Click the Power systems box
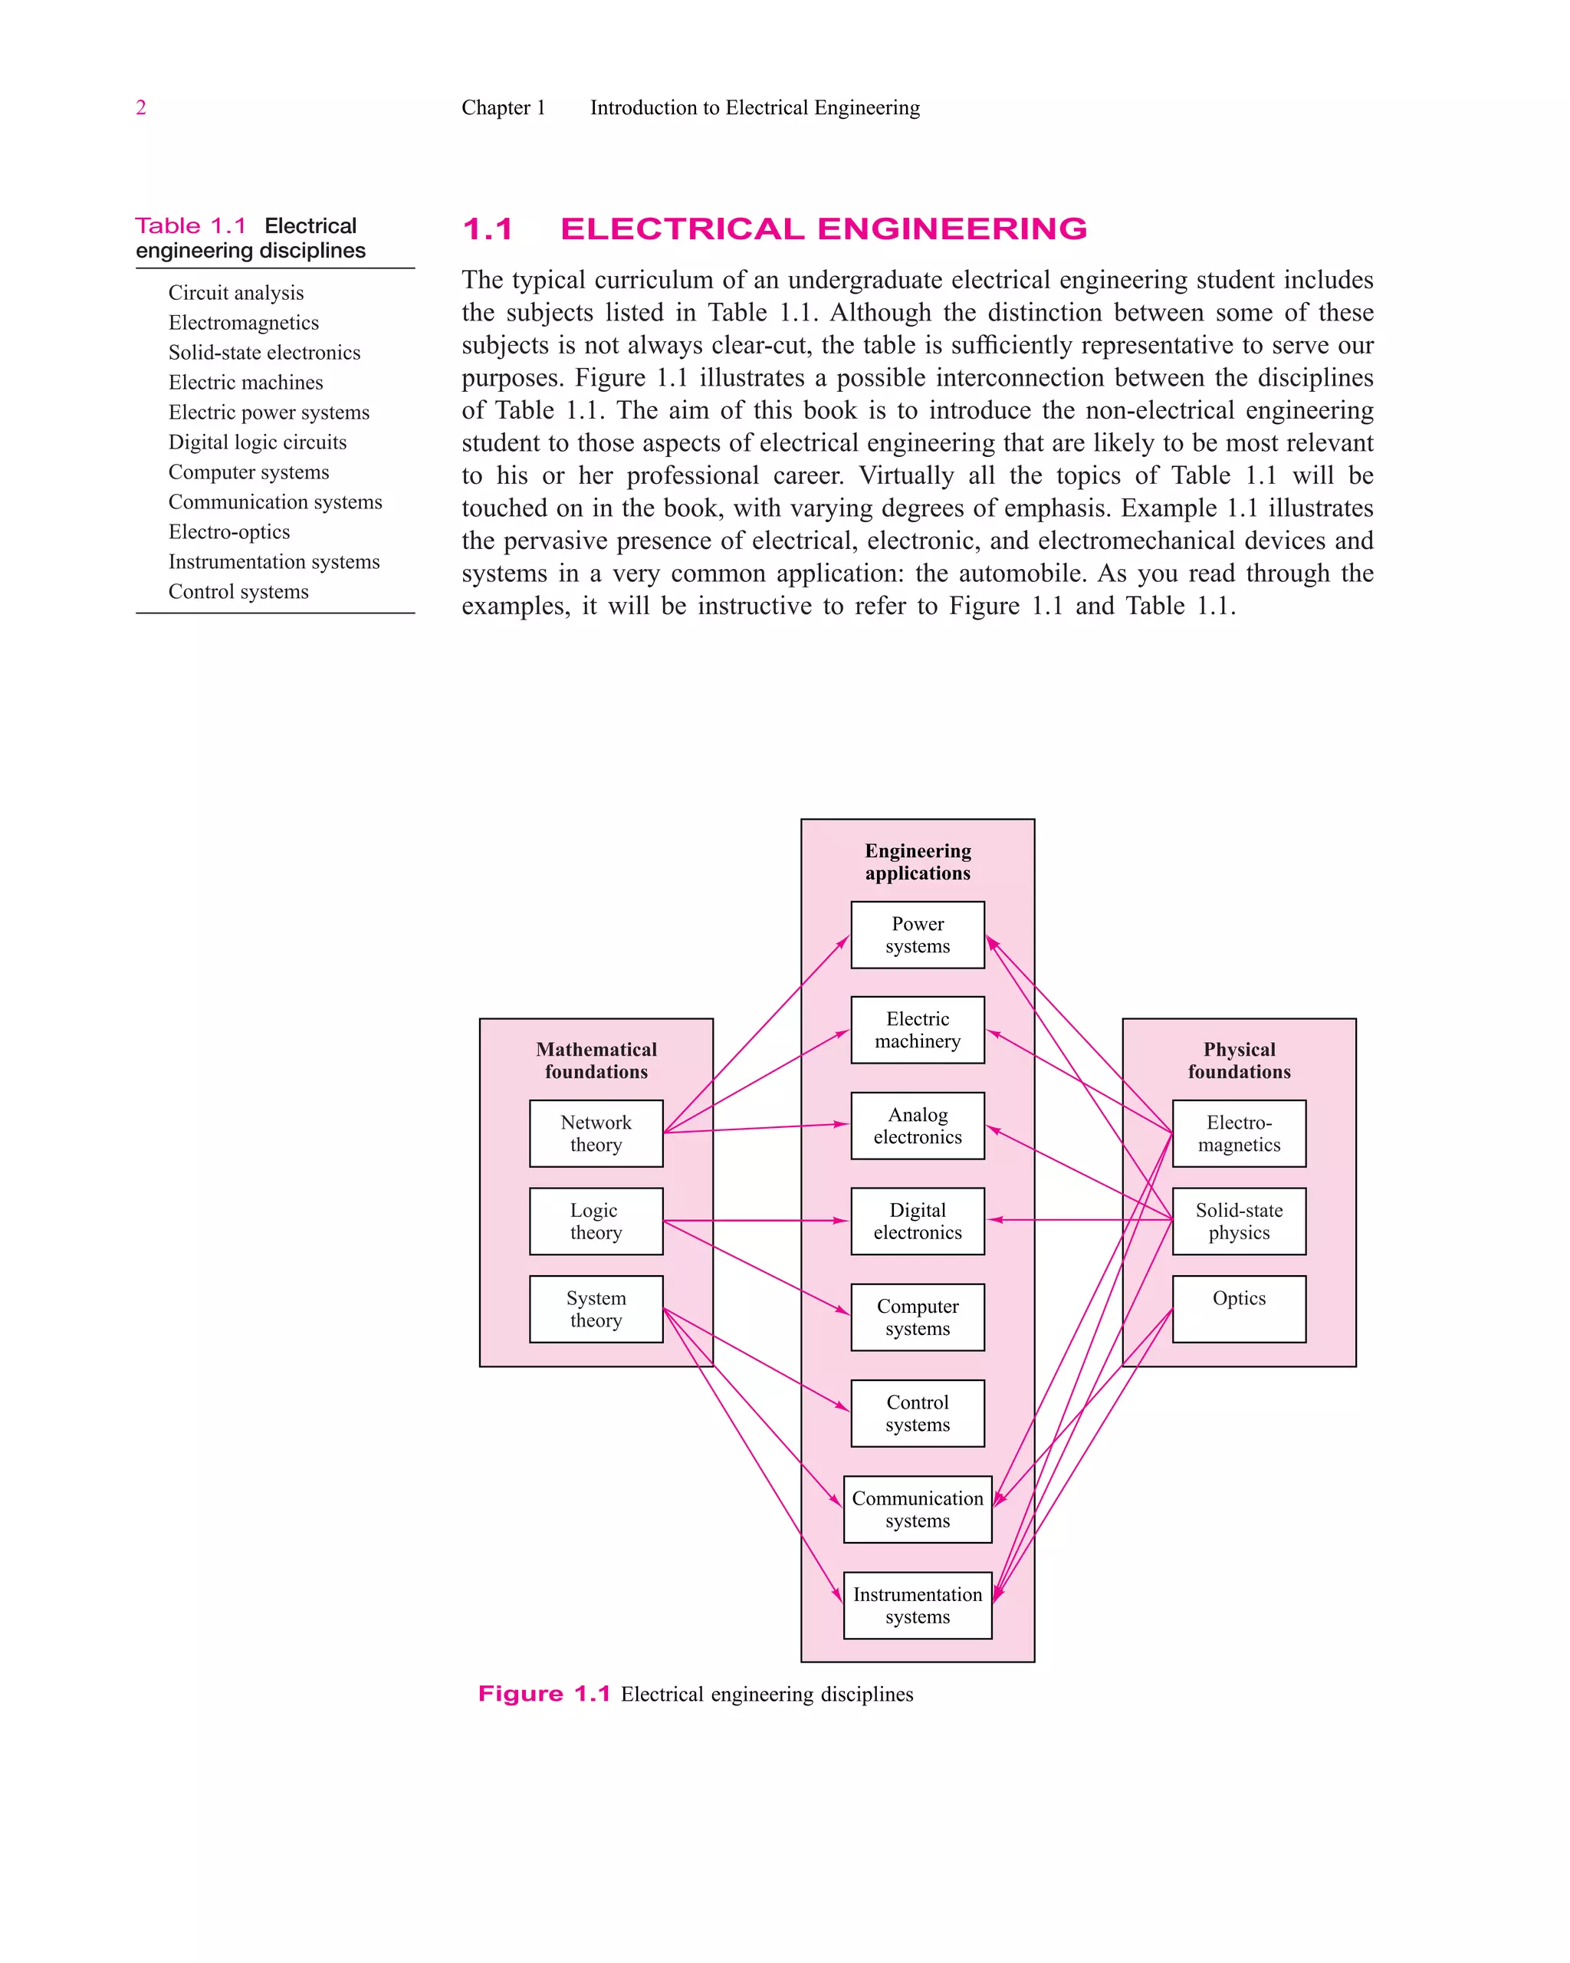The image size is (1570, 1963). pyautogui.click(x=918, y=935)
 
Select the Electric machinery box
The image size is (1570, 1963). pyautogui.click(x=918, y=1030)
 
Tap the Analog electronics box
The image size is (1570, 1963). pyautogui.click(x=918, y=1126)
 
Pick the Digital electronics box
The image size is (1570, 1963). pyautogui.click(x=918, y=1221)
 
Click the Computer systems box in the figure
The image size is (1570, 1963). pyautogui.click(x=918, y=1317)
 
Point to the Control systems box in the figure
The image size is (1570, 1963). pyautogui.click(x=918, y=1413)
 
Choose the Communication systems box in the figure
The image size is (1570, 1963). pyautogui.click(x=918, y=1508)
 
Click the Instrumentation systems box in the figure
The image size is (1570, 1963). pyautogui.click(x=918, y=1605)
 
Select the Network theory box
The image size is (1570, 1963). pyautogui.click(x=596, y=1133)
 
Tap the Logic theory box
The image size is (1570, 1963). pyautogui.click(x=596, y=1221)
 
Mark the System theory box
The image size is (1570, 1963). pyautogui.click(x=596, y=1308)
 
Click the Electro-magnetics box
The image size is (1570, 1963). pyautogui.click(x=1239, y=1133)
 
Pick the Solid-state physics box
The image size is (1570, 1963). pyautogui.click(x=1239, y=1221)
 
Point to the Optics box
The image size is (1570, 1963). pyautogui.click(x=1239, y=1308)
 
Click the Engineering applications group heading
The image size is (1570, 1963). pyautogui.click(x=918, y=861)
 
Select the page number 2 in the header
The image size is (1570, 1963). pyautogui.click(x=141, y=107)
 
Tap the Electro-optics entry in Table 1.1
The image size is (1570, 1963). pyautogui.click(x=229, y=531)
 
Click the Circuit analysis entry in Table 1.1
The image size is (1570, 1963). pyautogui.click(x=235, y=292)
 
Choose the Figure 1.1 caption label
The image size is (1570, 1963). pyautogui.click(x=544, y=1694)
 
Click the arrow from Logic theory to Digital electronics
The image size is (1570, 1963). pyautogui.click(x=755, y=1221)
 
